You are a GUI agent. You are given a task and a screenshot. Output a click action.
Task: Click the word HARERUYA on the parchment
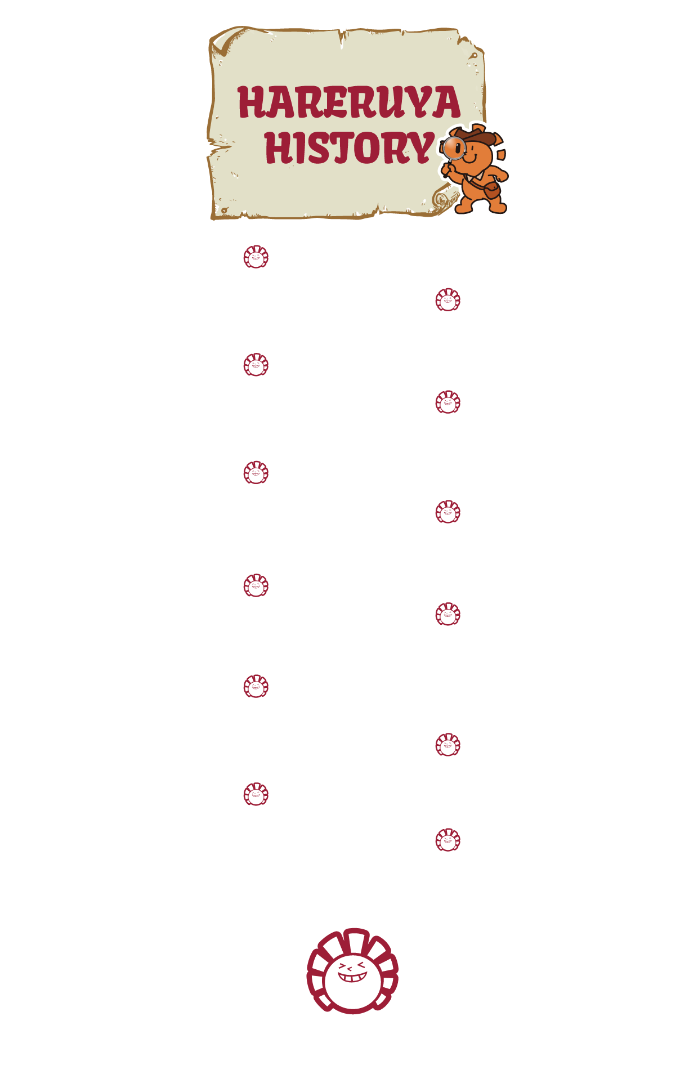pyautogui.click(x=349, y=102)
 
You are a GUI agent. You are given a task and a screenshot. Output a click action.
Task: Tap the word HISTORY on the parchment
pyautogui.click(x=349, y=148)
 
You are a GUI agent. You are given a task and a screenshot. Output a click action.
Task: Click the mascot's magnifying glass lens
pyautogui.click(x=453, y=148)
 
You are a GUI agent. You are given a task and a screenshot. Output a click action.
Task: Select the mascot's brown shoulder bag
pyautogui.click(x=491, y=190)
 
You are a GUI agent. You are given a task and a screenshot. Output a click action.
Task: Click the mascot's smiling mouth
pyautogui.click(x=469, y=157)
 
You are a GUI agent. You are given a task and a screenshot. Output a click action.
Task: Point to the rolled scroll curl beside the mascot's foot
pyautogui.click(x=445, y=199)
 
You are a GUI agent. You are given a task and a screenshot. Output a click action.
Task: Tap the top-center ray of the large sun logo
pyautogui.click(x=355, y=941)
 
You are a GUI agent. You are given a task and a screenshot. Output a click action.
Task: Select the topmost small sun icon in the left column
pyautogui.click(x=256, y=257)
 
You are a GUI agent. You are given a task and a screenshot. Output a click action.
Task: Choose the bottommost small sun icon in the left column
pyautogui.click(x=256, y=794)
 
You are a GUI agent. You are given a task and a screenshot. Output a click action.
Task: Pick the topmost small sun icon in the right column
pyautogui.click(x=448, y=300)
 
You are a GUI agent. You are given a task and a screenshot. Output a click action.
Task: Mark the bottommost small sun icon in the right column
pyautogui.click(x=448, y=840)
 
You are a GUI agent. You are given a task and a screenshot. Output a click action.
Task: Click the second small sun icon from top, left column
pyautogui.click(x=256, y=365)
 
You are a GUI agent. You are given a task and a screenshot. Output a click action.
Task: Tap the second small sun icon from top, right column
pyautogui.click(x=448, y=402)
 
